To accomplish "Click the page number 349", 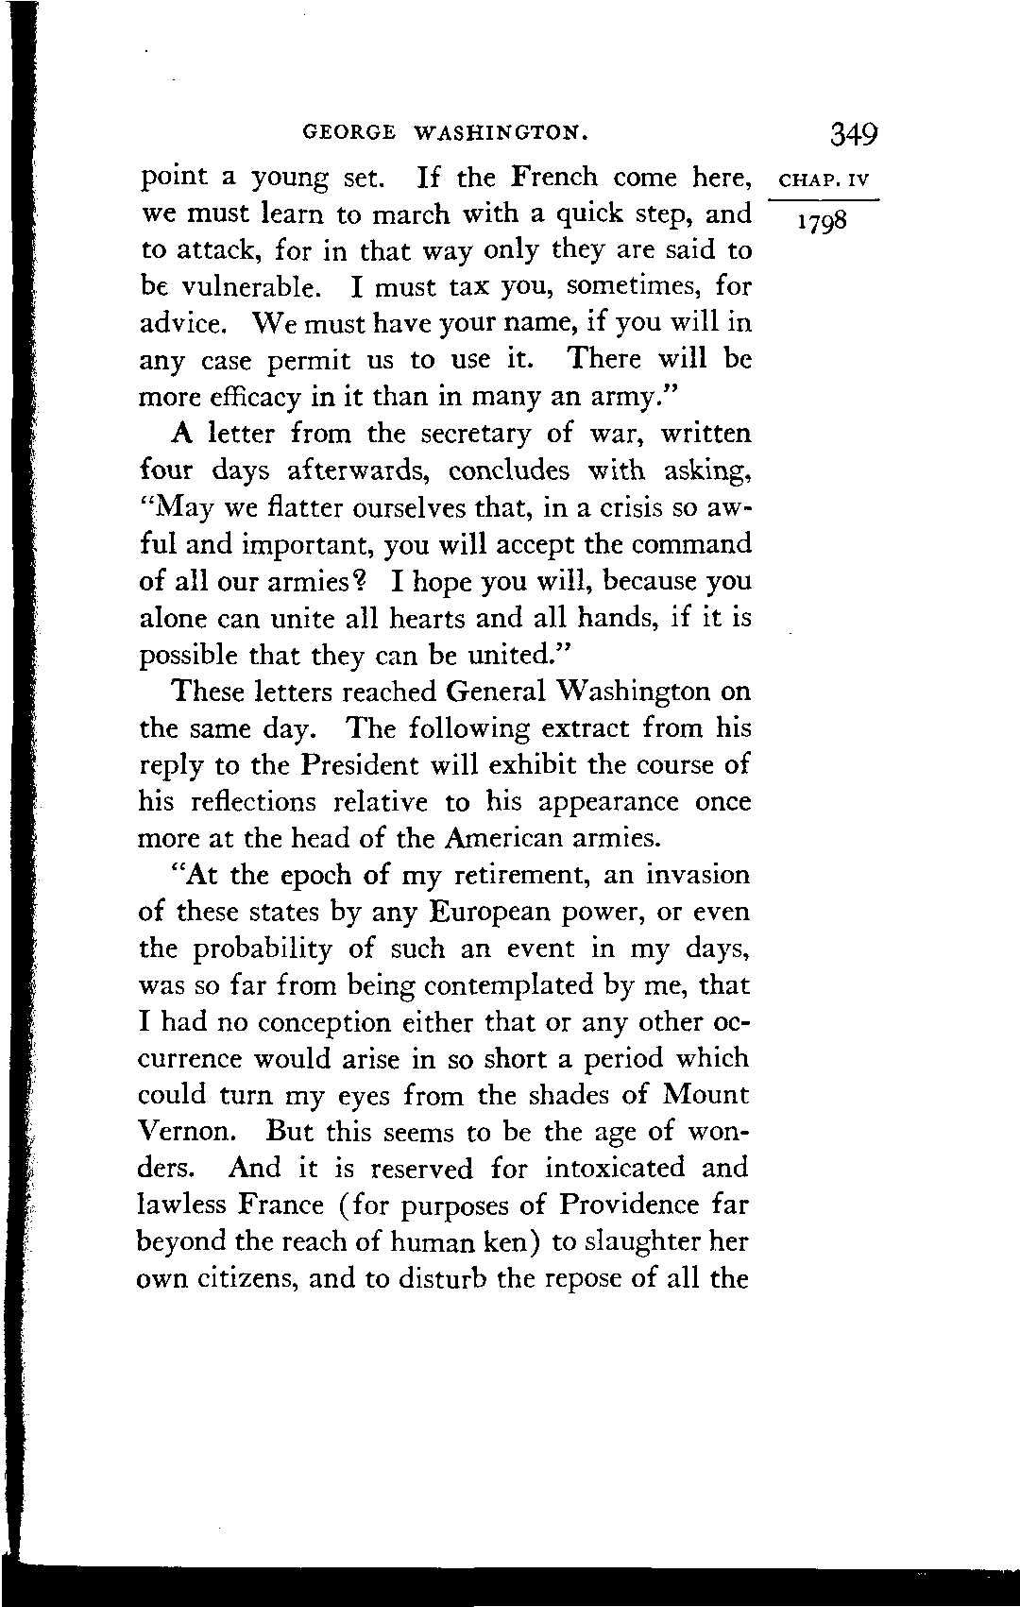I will pos(855,133).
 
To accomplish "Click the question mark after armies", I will pos(358,581).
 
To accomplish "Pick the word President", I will pos(359,765).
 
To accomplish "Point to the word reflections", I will pos(251,802).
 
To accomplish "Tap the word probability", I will pos(263,949).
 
